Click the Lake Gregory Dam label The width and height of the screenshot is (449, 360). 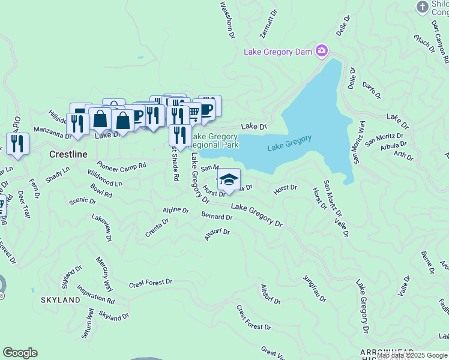(278, 52)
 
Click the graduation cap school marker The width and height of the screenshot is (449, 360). (228, 179)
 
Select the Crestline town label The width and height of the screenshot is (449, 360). (68, 154)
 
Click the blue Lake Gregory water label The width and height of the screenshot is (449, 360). (289, 143)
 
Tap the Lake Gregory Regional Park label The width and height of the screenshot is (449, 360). (215, 140)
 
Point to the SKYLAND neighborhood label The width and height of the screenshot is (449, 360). (60, 299)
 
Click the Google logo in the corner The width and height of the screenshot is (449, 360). (20, 353)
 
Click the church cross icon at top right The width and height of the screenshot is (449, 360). (422, 6)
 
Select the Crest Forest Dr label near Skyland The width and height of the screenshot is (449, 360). (150, 281)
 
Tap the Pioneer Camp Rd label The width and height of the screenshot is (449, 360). (122, 165)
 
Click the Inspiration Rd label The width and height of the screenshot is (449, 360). (95, 294)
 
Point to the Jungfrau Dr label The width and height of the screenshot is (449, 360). (314, 289)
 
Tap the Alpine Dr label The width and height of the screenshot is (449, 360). (175, 211)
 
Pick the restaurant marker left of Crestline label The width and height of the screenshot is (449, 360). (17, 144)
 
